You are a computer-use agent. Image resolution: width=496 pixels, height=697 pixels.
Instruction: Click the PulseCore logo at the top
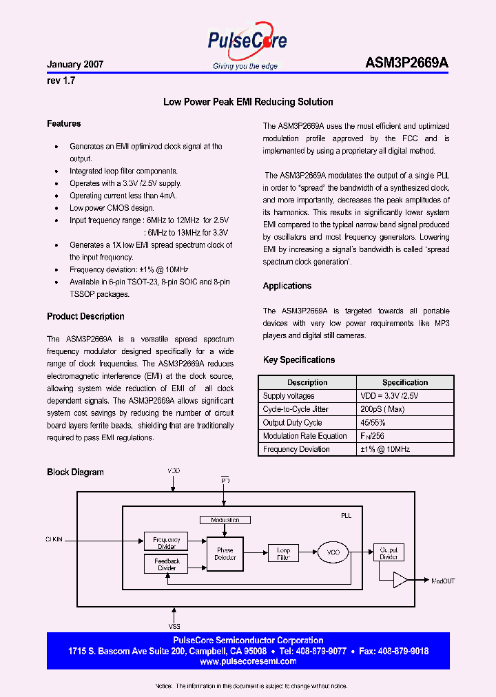coord(247,43)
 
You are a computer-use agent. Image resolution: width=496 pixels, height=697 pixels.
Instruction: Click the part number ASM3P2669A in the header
coord(406,63)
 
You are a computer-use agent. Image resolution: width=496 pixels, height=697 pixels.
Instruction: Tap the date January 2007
coord(75,64)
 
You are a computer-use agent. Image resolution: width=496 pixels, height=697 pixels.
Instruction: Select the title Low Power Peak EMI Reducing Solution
coord(248,102)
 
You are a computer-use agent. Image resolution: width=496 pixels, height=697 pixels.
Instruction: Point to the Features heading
coord(64,124)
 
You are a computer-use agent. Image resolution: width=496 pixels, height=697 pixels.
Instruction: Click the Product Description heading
coord(85,317)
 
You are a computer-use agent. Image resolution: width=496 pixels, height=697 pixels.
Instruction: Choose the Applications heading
coord(287,286)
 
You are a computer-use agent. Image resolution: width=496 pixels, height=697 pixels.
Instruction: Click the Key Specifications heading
coord(299,360)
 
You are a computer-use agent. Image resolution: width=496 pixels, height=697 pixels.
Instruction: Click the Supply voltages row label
coord(289,396)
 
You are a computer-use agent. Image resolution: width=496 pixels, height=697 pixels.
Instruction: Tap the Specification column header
coord(405,382)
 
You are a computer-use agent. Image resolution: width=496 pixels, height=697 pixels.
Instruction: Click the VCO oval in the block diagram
coord(333,552)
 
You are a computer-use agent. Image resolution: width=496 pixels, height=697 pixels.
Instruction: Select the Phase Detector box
coord(225,554)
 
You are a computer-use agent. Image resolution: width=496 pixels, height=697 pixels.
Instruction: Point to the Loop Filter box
coord(284,553)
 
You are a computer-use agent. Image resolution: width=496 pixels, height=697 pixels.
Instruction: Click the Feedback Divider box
coord(167,565)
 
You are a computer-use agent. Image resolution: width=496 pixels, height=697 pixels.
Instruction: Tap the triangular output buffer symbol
coord(400,580)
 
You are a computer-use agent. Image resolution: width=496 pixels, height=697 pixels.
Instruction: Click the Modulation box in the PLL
coord(225,520)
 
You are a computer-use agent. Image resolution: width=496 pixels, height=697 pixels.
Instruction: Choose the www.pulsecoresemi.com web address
coord(248,661)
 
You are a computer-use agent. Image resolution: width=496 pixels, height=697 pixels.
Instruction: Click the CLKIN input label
coord(54,540)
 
